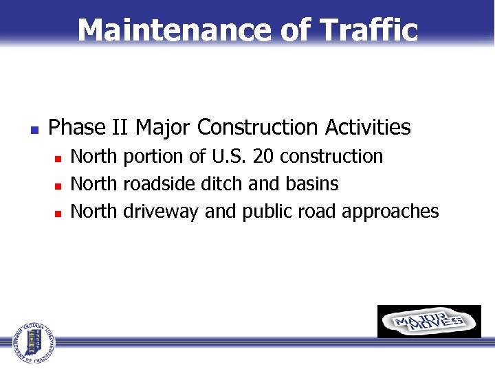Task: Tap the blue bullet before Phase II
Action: pyautogui.click(x=32, y=128)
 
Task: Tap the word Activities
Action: pyautogui.click(x=368, y=128)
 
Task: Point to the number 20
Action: pyautogui.click(x=265, y=157)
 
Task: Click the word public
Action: pyautogui.click(x=266, y=212)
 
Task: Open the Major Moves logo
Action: pyautogui.click(x=429, y=322)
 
